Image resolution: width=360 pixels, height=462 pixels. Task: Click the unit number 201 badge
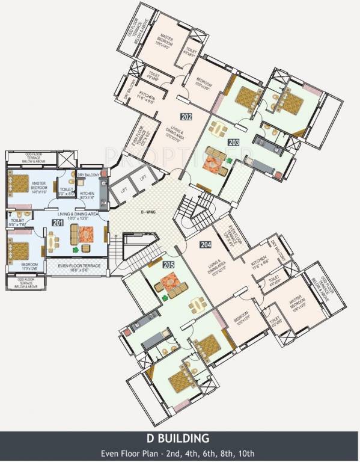click(x=57, y=223)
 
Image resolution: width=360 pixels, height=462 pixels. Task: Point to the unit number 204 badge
click(x=206, y=244)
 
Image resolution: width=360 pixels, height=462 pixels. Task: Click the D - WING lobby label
click(x=148, y=212)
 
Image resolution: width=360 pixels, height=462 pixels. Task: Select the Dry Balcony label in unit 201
click(x=88, y=175)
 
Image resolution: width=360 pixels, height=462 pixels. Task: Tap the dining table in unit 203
click(x=218, y=130)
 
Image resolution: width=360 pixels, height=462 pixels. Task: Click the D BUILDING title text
click(x=180, y=437)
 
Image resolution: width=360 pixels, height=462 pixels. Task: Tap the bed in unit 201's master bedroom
click(x=22, y=182)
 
